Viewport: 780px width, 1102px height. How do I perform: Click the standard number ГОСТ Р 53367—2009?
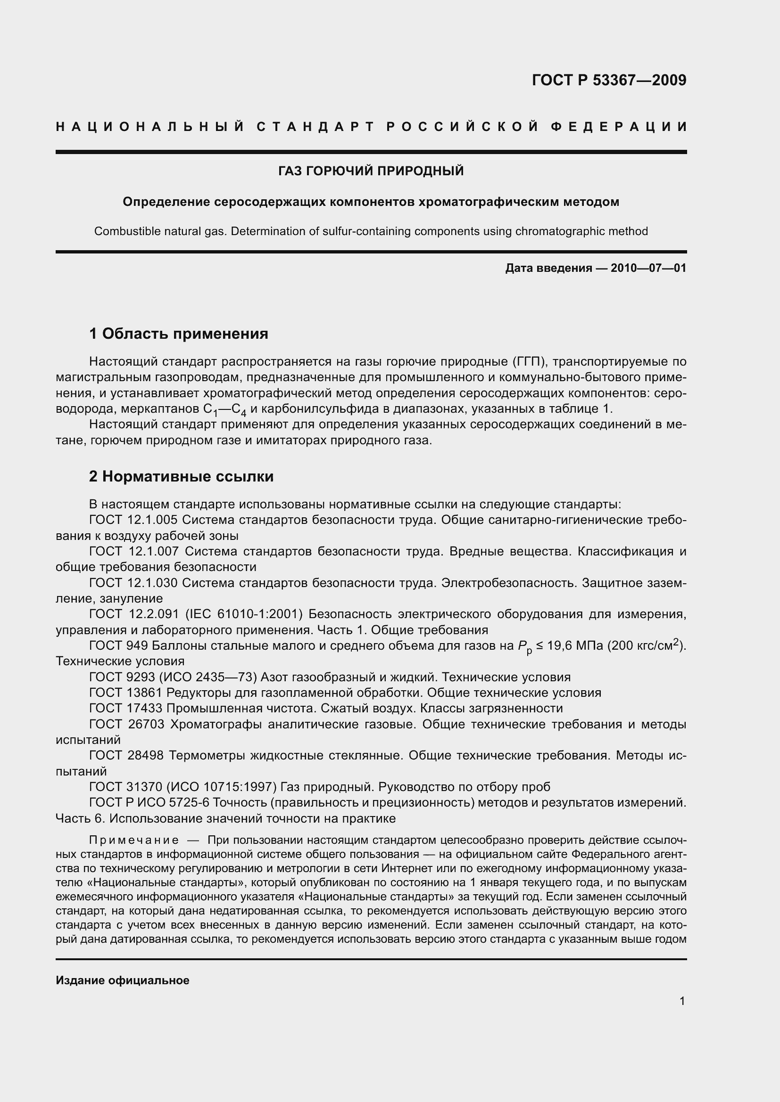point(609,80)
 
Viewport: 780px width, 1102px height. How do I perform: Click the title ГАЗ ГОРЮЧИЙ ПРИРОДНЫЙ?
point(371,171)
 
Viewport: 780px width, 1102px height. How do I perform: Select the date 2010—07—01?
point(648,268)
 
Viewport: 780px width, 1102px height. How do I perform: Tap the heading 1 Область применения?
point(179,333)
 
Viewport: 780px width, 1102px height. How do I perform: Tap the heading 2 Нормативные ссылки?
point(182,476)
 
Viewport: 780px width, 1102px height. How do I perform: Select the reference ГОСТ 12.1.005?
point(133,520)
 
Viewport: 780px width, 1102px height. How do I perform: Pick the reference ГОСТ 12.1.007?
point(134,552)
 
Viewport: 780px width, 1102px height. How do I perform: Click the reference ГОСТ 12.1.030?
point(133,583)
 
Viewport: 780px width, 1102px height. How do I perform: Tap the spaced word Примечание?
point(134,840)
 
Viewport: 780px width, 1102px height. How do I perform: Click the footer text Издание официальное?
point(123,980)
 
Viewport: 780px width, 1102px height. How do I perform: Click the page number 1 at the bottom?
point(682,1001)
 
